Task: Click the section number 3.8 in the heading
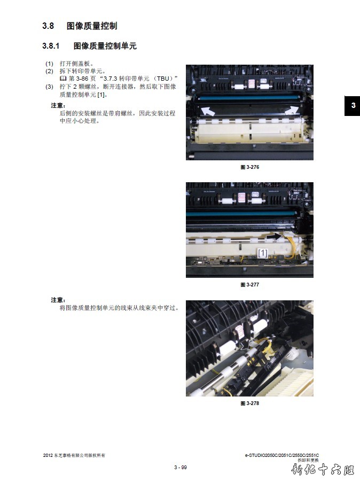point(48,26)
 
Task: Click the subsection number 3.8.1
point(51,46)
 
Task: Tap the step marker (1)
point(49,64)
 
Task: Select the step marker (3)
point(49,87)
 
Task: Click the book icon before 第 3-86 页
point(63,79)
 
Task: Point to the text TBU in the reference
point(163,79)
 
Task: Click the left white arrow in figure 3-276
point(208,111)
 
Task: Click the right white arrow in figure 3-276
point(292,111)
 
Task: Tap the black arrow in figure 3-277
point(275,237)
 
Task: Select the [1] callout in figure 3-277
point(263,253)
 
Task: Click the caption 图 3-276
point(250,167)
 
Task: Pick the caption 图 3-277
point(250,285)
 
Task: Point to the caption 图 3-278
point(250,403)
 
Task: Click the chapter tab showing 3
point(353,106)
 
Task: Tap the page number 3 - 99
point(181,468)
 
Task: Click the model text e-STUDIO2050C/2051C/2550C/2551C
point(281,455)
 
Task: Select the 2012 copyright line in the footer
point(74,455)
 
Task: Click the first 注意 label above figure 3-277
point(58,106)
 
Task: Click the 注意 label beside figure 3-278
point(58,300)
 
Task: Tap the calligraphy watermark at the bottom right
point(323,470)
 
